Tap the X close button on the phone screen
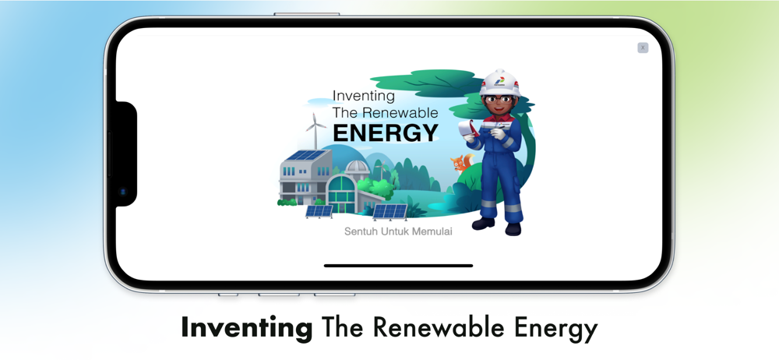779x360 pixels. (643, 48)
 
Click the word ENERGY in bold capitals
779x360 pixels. (386, 132)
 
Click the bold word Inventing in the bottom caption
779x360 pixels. (246, 328)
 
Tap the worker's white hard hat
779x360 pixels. (500, 83)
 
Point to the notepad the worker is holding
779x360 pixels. (467, 129)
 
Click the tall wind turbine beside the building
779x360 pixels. (315, 131)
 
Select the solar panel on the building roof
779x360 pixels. (305, 155)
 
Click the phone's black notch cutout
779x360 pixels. (126, 154)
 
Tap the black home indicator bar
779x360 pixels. (398, 266)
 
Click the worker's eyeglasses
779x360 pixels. (499, 101)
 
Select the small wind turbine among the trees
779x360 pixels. (381, 170)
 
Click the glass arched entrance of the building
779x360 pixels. (340, 193)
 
